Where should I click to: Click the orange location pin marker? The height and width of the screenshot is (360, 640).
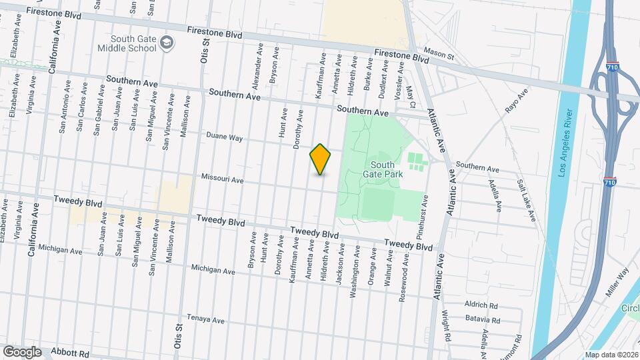tap(321, 159)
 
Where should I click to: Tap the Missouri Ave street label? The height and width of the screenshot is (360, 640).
tap(223, 181)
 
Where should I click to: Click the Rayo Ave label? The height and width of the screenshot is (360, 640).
tap(517, 101)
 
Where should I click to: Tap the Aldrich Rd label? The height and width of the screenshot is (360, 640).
tap(481, 305)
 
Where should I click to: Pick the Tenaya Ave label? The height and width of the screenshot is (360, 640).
tap(206, 320)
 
